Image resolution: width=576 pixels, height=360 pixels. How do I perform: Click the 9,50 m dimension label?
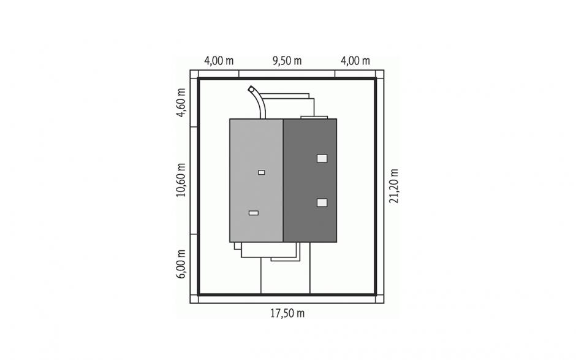click(x=287, y=61)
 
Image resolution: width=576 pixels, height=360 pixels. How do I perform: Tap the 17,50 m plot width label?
click(x=287, y=313)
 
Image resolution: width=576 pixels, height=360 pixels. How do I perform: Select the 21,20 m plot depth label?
click(x=394, y=186)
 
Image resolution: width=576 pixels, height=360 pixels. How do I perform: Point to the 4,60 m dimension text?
click(x=181, y=102)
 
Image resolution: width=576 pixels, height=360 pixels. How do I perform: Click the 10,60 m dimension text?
click(x=181, y=180)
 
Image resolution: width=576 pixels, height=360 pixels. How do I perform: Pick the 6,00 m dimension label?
click(x=181, y=264)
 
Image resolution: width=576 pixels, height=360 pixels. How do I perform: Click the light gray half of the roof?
click(x=256, y=180)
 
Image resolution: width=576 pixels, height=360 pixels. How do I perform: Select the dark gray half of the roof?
click(x=310, y=180)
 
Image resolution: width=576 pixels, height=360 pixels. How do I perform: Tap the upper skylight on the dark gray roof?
click(x=322, y=158)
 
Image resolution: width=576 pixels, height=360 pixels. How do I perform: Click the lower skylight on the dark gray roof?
click(x=322, y=202)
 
